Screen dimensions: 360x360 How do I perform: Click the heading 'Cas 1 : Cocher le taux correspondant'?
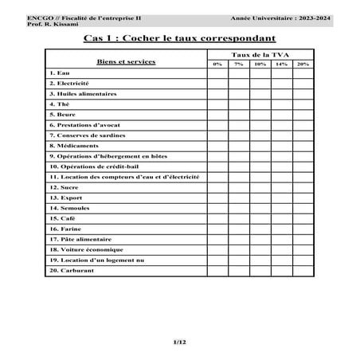coord(179,37)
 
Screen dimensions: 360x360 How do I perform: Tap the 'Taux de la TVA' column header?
coord(260,53)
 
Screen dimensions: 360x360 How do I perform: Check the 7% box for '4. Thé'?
coord(238,104)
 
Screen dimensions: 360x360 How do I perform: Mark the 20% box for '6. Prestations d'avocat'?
coord(303,125)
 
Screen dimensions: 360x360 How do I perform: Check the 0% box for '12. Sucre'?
coord(217,187)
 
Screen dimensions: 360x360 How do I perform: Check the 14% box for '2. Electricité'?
coord(281,84)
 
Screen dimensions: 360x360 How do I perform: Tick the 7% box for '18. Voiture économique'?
coord(238,249)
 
